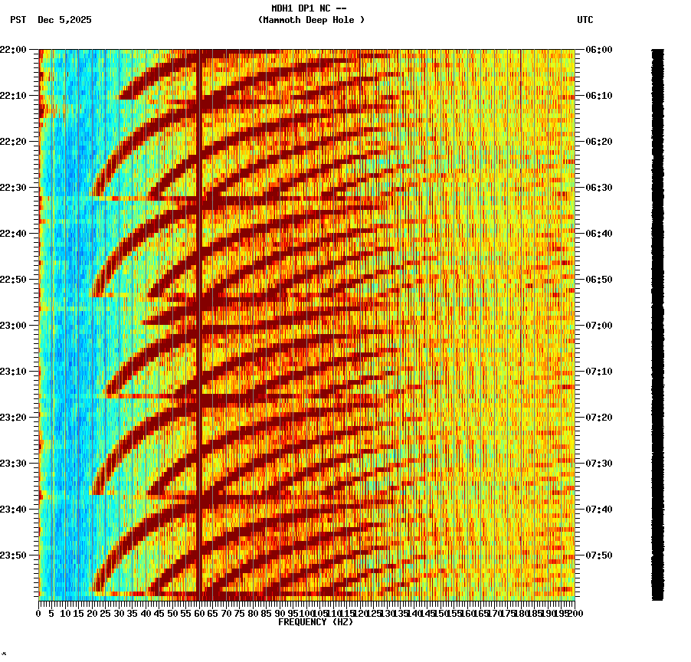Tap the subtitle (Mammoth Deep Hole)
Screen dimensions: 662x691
pyautogui.click(x=311, y=20)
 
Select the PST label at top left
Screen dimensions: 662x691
pyautogui.click(x=18, y=20)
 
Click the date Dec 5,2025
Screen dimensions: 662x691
pyautogui.click(x=64, y=20)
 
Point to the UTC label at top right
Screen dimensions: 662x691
pyautogui.click(x=585, y=20)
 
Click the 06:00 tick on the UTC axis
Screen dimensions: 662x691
pyautogui.click(x=598, y=50)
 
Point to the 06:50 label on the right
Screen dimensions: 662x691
pyautogui.click(x=598, y=280)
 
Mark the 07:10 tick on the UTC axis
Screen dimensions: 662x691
pyautogui.click(x=598, y=372)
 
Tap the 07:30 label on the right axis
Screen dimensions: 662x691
pyautogui.click(x=598, y=464)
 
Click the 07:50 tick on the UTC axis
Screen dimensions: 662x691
pyautogui.click(x=598, y=555)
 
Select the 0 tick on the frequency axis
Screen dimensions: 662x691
pyautogui.click(x=39, y=614)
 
